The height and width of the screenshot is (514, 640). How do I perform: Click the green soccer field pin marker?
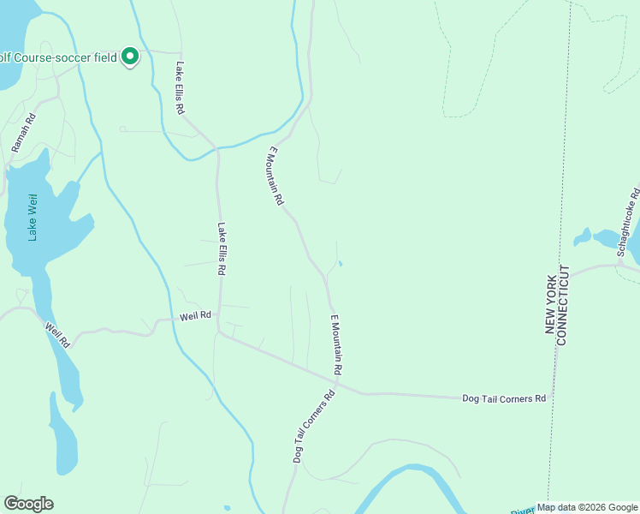[x=130, y=57]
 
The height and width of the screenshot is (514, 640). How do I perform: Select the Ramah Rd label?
[x=23, y=134]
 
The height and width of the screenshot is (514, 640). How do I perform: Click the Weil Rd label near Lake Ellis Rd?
[x=195, y=316]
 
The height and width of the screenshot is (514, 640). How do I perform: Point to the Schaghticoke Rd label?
[x=628, y=221]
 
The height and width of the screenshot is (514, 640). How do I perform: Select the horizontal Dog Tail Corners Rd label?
[x=503, y=398]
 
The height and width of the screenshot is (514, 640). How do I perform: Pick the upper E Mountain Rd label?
[x=275, y=176]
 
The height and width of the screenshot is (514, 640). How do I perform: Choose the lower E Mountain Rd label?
[x=336, y=344]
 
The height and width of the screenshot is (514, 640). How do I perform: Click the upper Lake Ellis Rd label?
[x=181, y=88]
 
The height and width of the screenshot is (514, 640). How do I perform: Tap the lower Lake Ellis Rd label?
[x=221, y=248]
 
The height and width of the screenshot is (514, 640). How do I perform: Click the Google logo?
[x=28, y=504]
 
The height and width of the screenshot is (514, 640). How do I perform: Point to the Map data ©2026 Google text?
[x=587, y=507]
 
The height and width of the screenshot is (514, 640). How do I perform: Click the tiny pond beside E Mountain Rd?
[x=341, y=263]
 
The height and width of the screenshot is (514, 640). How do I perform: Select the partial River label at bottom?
[x=522, y=510]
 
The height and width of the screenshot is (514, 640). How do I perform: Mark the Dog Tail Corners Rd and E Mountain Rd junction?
[x=337, y=382]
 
